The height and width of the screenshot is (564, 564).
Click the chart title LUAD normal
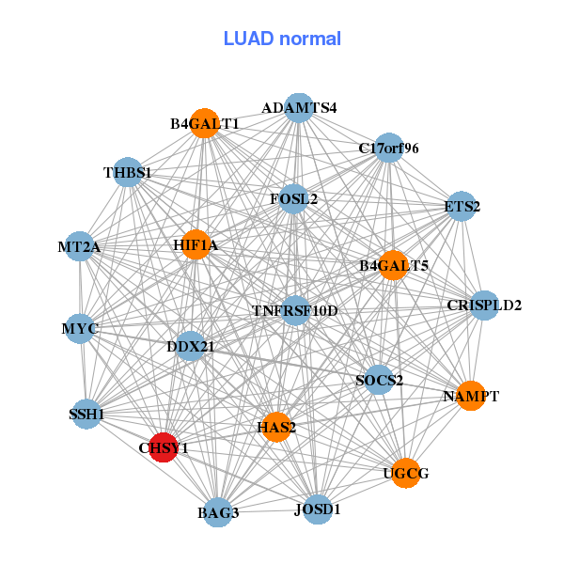(x=282, y=39)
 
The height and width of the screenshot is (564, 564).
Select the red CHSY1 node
(x=164, y=446)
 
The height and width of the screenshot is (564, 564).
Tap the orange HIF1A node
(x=196, y=244)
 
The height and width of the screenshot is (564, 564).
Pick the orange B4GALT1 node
(x=205, y=123)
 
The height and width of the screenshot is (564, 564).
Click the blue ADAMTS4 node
(x=298, y=108)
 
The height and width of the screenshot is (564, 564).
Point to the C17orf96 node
(x=389, y=149)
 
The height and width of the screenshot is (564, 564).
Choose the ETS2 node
(x=460, y=206)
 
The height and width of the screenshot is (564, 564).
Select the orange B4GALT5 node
(x=393, y=266)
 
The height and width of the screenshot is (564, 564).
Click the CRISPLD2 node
(x=483, y=305)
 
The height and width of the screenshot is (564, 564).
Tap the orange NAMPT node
(x=469, y=396)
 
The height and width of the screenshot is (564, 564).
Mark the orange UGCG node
(x=405, y=472)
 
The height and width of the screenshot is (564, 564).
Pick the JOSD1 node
(x=318, y=509)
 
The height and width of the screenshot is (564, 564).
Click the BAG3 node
(x=218, y=512)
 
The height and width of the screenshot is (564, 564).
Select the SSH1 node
(x=86, y=414)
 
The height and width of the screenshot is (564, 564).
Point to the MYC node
(x=80, y=329)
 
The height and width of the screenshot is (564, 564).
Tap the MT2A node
(x=79, y=247)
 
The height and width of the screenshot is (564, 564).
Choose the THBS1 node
(x=128, y=173)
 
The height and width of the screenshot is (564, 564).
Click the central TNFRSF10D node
(x=295, y=310)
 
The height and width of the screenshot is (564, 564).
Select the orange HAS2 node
(x=276, y=427)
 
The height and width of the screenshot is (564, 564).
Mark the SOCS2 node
(x=379, y=380)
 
